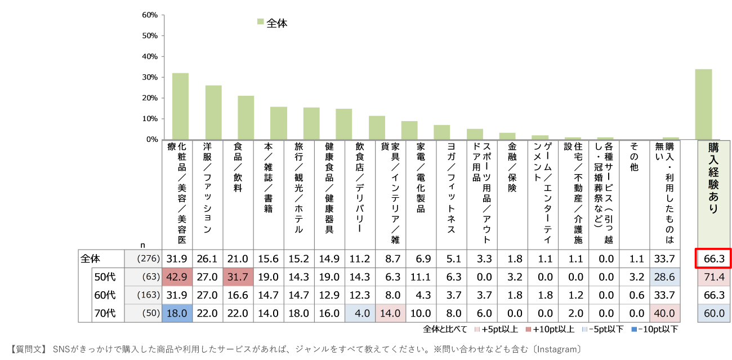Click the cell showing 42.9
pos(177,277)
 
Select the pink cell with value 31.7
pos(238,277)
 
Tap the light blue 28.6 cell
pos(664,277)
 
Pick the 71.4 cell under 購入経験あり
pos(713,277)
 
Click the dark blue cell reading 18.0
pos(177,313)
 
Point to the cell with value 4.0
pos(360,313)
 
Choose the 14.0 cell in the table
pos(390,313)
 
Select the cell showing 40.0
pos(664,313)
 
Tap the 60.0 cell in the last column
pos(713,313)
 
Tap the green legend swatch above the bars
pos(261,21)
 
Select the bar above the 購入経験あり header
pos(703,104)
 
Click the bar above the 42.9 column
pos(180,106)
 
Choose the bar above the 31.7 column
pos(246,117)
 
